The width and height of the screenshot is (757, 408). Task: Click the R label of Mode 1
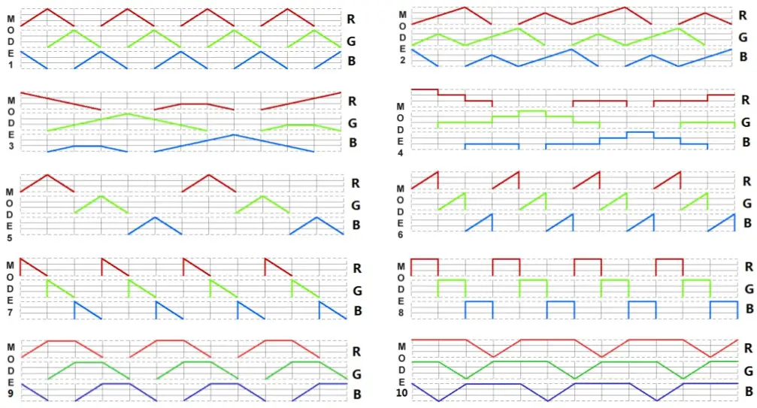click(x=352, y=18)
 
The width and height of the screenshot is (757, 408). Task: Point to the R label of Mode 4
click(x=746, y=100)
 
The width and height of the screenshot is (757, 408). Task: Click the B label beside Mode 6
click(x=746, y=223)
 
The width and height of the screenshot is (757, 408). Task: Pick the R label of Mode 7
click(x=357, y=267)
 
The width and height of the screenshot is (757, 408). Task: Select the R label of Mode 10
click(x=749, y=348)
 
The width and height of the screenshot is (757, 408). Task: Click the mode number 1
click(x=11, y=65)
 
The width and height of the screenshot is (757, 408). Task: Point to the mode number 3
click(x=11, y=145)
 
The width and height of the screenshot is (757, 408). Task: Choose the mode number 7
click(x=10, y=311)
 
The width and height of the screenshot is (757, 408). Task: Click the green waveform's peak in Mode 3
click(x=127, y=113)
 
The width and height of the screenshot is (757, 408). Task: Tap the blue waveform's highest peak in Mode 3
click(x=234, y=134)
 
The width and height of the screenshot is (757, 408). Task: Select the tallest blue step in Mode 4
click(x=640, y=132)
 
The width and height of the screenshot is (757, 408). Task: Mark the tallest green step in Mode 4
click(x=532, y=111)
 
